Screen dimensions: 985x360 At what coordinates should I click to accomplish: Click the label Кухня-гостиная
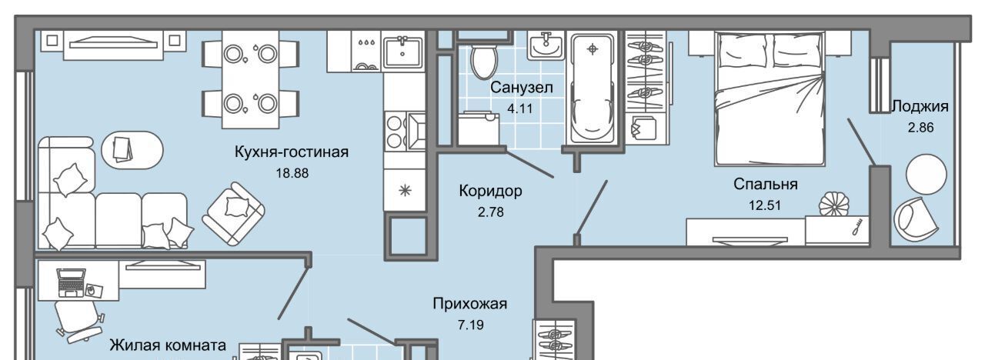click(291, 152)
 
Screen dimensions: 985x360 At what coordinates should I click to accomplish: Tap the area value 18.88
click(292, 173)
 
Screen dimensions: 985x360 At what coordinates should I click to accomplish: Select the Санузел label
click(522, 88)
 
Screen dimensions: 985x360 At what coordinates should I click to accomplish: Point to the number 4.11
click(520, 108)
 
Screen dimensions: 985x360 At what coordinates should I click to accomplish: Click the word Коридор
click(490, 191)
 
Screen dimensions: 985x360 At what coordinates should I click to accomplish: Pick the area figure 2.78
click(491, 212)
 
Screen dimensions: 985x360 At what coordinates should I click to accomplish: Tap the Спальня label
click(766, 184)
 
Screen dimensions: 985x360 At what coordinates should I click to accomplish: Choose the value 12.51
click(765, 205)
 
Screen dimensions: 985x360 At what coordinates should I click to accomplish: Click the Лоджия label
click(920, 106)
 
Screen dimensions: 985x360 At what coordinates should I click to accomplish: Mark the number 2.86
click(920, 128)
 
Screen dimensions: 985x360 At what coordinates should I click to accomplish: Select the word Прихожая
click(469, 304)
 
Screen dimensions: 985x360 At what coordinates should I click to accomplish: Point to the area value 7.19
click(470, 325)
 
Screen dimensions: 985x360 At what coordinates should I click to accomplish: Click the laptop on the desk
click(72, 283)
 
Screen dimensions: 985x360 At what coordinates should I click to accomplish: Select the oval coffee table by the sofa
click(132, 150)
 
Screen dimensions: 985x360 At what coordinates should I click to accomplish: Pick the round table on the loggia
click(926, 175)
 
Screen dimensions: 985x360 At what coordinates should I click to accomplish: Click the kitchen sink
click(402, 52)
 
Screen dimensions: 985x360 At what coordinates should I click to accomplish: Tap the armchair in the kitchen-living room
click(233, 214)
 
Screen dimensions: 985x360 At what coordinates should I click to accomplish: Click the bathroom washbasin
click(546, 45)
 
